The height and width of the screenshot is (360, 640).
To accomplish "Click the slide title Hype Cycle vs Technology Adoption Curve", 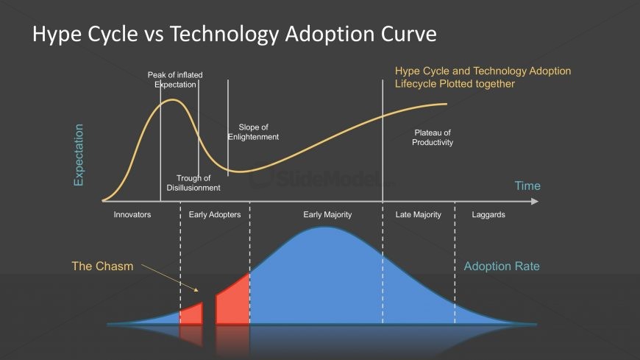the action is (x=234, y=35).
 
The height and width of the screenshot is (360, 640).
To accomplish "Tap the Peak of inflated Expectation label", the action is (x=175, y=80).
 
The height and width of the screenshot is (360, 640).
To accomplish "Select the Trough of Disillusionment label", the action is (x=193, y=183).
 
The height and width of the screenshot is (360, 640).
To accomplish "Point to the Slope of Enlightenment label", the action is (x=253, y=132).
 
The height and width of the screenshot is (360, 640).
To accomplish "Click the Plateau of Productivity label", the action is (x=433, y=137).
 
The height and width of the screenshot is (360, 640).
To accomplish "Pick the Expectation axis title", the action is (x=79, y=155).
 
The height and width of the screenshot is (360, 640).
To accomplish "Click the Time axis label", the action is (x=527, y=186).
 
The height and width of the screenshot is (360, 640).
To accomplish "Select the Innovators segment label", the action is (x=132, y=214).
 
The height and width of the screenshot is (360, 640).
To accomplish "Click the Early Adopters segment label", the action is (x=215, y=214).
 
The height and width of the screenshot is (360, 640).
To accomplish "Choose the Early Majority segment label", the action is (x=327, y=214).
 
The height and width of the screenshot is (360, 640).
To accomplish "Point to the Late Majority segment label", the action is (x=419, y=214).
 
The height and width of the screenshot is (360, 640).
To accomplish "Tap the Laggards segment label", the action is (x=488, y=214).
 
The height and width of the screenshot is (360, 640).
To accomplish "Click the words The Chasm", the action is (x=102, y=266).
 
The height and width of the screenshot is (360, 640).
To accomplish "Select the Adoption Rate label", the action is (x=502, y=266).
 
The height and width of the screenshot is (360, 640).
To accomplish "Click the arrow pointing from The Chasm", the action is (x=170, y=278).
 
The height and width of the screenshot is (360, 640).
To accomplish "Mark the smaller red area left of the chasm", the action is (x=192, y=314).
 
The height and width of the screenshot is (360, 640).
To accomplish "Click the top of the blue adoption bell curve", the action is (x=325, y=227).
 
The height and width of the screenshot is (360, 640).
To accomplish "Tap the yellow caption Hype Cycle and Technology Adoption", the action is (x=483, y=71).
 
